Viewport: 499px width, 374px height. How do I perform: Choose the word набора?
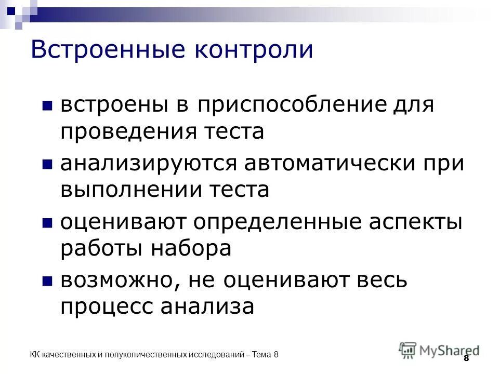coord(191,248)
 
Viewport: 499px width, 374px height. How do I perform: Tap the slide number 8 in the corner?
coord(466,358)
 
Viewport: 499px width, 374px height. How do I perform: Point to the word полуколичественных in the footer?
coord(146,355)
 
